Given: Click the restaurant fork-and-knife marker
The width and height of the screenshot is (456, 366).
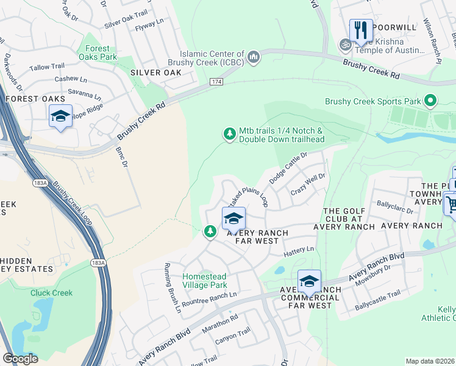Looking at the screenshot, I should point(361,30).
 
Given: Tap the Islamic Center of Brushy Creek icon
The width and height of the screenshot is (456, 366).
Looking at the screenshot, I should point(253,58).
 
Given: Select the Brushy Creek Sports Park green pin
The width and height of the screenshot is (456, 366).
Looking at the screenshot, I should point(431,101).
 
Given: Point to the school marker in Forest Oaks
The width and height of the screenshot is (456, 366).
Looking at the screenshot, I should point(60,116).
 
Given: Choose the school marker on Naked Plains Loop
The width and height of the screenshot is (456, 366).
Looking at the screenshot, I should point(233,218).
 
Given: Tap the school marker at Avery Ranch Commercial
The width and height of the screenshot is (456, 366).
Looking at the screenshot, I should point(309,281).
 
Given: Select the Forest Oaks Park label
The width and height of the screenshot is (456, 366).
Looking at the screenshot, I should point(98,53).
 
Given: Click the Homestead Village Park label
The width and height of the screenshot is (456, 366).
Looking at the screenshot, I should point(205,281).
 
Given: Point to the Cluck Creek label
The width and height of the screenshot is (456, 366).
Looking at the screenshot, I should point(52,293).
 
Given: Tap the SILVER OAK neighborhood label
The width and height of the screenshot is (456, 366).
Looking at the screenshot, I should point(156,73).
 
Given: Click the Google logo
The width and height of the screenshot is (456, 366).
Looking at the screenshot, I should point(20,359).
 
